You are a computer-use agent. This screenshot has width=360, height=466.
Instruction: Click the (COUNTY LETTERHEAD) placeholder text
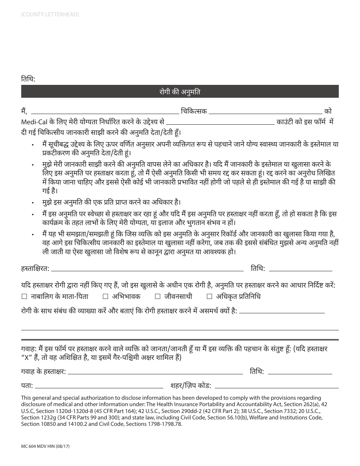50,14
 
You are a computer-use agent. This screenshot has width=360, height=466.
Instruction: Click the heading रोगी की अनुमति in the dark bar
180,92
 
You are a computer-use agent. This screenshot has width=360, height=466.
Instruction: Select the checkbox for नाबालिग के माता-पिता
24,297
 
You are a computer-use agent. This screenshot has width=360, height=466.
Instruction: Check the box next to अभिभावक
106,297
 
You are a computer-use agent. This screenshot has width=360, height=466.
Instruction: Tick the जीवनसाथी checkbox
158,297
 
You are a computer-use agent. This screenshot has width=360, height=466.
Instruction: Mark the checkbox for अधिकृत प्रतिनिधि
210,297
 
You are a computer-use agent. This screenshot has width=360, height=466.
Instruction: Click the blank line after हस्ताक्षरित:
147,269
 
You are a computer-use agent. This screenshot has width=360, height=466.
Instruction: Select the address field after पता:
99,387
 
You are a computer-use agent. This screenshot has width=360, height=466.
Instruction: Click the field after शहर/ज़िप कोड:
277,387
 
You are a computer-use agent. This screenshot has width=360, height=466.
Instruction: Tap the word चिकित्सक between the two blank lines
194,111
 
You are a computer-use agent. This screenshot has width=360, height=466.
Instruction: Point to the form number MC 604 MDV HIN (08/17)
45,447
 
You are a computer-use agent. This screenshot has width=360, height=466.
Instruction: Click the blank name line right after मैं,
105,112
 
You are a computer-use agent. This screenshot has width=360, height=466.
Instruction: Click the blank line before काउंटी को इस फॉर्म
220,123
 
